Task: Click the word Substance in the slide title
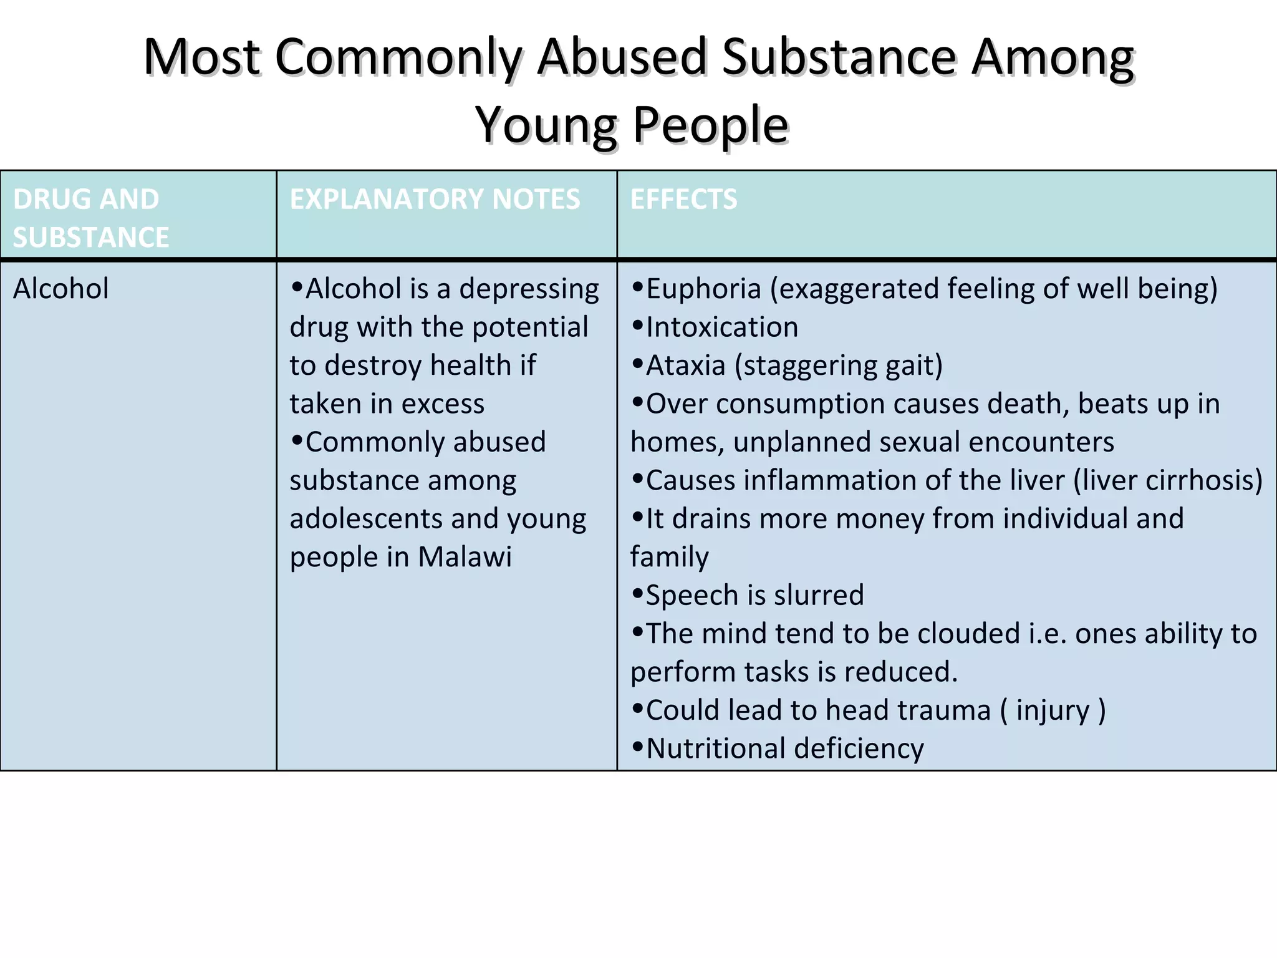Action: pyautogui.click(x=839, y=57)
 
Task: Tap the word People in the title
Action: pyautogui.click(x=711, y=125)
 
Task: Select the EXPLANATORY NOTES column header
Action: pyautogui.click(x=435, y=200)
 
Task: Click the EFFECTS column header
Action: pyautogui.click(x=683, y=200)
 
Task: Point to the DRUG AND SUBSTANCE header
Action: pyautogui.click(x=90, y=218)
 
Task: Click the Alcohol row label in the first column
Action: pyautogui.click(x=60, y=289)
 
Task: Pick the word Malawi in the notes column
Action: pyautogui.click(x=465, y=557)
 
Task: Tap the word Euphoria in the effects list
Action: pyautogui.click(x=703, y=289)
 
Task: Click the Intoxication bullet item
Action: pyautogui.click(x=721, y=327)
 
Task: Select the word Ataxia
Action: pyautogui.click(x=685, y=365)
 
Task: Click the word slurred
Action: pyautogui.click(x=818, y=595)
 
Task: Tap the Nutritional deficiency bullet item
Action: pyautogui.click(x=784, y=748)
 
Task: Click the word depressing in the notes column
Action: pyautogui.click(x=529, y=289)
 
